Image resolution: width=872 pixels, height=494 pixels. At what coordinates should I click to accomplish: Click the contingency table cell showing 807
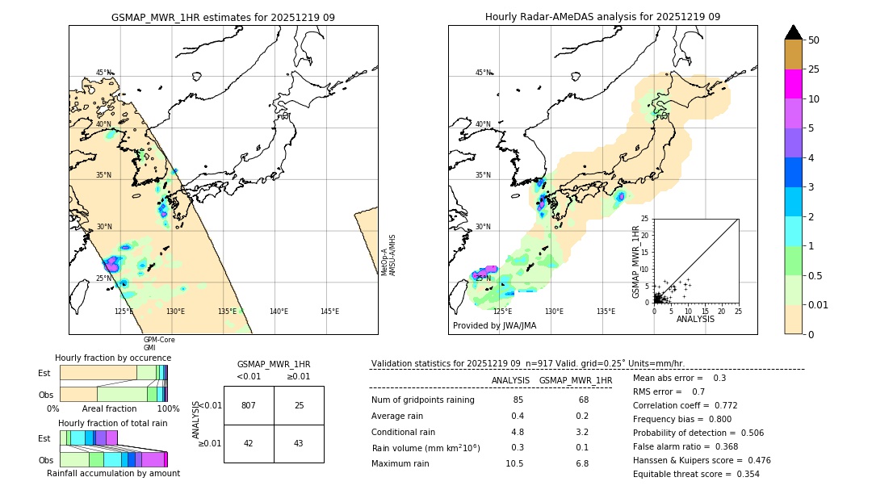pyautogui.click(x=249, y=405)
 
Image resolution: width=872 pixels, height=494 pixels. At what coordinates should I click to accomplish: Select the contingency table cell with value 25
pyautogui.click(x=299, y=405)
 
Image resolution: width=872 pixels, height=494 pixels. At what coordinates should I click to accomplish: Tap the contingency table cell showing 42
pyautogui.click(x=249, y=443)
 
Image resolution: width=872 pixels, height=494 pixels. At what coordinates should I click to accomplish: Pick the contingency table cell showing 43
pyautogui.click(x=299, y=443)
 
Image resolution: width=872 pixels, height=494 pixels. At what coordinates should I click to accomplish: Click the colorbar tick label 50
pyautogui.click(x=814, y=40)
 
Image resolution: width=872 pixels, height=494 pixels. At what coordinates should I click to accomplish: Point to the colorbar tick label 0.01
pyautogui.click(x=819, y=305)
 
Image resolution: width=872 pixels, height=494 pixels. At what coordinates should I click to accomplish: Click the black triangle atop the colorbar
pyautogui.click(x=794, y=32)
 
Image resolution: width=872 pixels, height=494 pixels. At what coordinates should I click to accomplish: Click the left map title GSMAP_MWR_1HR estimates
pyautogui.click(x=223, y=17)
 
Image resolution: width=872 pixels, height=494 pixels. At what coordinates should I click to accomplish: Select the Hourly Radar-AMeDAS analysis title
pyautogui.click(x=602, y=17)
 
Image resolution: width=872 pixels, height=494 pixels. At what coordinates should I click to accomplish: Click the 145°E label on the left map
pyautogui.click(x=329, y=312)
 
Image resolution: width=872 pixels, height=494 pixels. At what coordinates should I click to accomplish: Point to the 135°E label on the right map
pyautogui.click(x=606, y=312)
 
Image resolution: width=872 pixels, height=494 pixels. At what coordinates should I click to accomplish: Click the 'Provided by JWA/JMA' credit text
pyautogui.click(x=494, y=326)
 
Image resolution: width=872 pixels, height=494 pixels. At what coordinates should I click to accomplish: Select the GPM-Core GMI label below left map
pyautogui.click(x=159, y=343)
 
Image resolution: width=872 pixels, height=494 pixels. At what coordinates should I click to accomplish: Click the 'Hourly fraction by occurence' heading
pyautogui.click(x=113, y=358)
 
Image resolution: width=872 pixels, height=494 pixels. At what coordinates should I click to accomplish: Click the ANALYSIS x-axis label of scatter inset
pyautogui.click(x=695, y=319)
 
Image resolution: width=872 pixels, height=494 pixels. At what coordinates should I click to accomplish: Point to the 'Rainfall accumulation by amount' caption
pyautogui.click(x=112, y=473)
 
